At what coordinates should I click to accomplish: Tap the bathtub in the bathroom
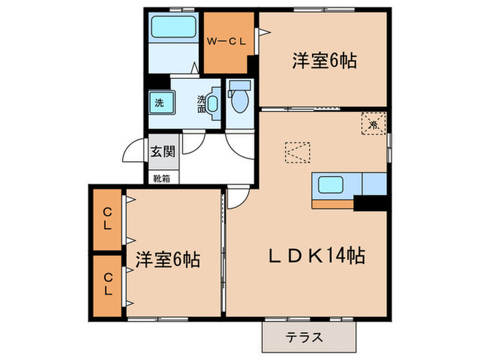point(173,28)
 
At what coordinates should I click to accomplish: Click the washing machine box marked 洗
point(159,104)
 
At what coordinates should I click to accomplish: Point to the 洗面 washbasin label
point(202,103)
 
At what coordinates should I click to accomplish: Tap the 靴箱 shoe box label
point(163,178)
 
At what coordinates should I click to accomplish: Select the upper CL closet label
point(108,219)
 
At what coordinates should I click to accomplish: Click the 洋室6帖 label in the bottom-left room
point(167,260)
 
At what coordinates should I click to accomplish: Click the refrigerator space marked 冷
point(374,124)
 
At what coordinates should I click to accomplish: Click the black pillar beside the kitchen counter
point(371,203)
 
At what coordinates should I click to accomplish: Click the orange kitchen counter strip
point(333,203)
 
